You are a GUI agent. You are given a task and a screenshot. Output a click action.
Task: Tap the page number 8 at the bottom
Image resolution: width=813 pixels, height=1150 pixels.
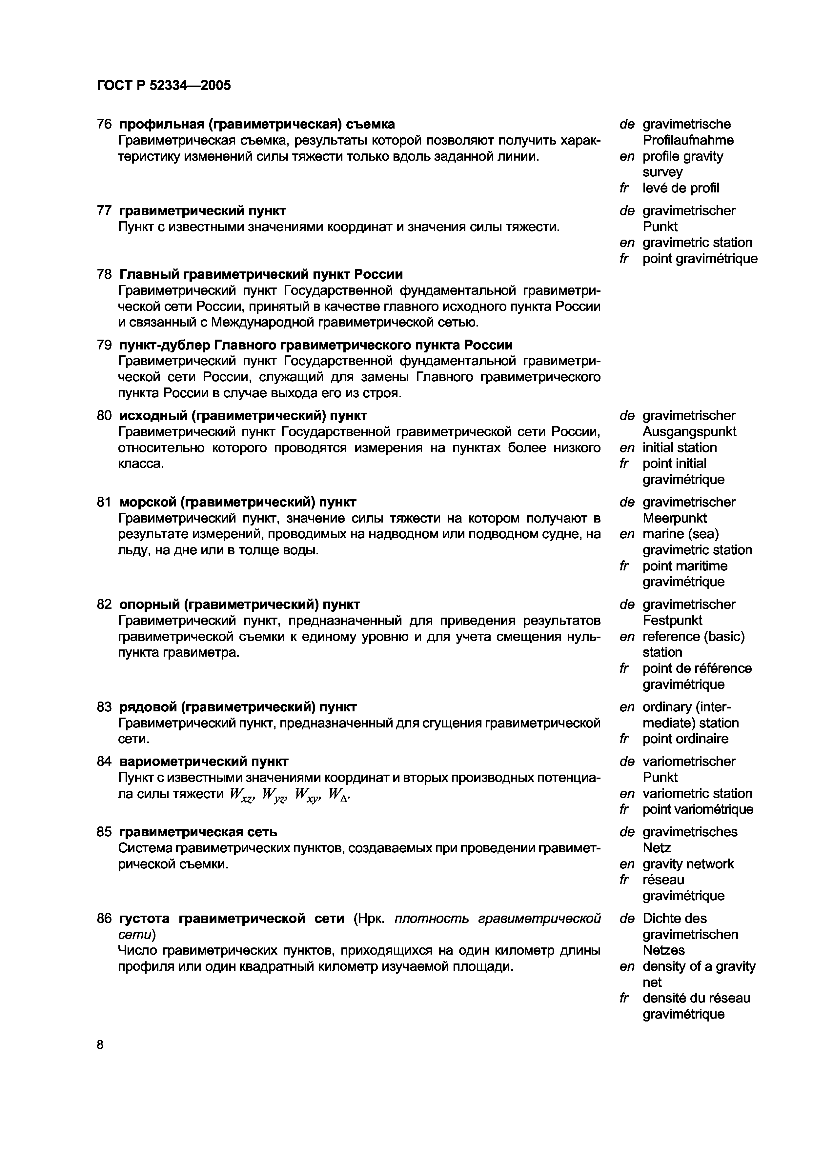100,1045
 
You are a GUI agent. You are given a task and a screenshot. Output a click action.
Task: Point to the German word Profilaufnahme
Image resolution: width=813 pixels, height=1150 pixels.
688,140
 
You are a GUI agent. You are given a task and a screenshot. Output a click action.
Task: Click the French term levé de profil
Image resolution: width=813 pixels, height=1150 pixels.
680,188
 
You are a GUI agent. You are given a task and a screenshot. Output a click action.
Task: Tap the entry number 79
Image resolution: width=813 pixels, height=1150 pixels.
104,345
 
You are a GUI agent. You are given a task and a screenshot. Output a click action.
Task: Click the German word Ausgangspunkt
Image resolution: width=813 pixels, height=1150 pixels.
689,432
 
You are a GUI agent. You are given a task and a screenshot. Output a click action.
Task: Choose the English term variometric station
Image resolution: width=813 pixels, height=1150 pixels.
697,793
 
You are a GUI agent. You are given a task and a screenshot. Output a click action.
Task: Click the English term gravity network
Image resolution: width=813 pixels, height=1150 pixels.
688,864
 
